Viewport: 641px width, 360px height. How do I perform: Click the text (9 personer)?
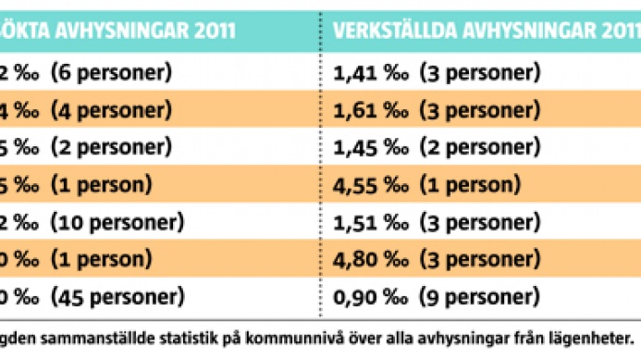pos(479,298)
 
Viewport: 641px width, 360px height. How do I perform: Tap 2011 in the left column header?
pos(212,28)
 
